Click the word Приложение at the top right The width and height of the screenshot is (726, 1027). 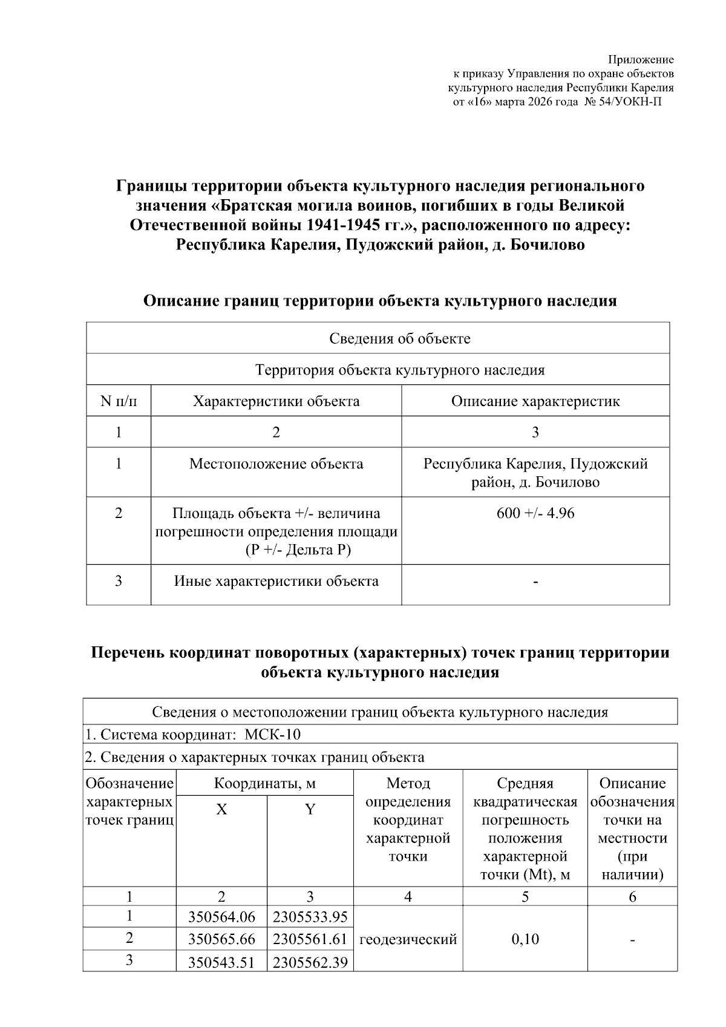tap(640, 59)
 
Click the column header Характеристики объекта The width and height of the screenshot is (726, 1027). tap(276, 401)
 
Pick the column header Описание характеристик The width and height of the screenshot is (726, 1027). tap(535, 401)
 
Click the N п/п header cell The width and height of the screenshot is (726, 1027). tap(119, 401)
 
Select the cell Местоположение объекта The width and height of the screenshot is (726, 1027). tap(276, 464)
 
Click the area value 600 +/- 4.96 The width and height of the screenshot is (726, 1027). tap(535, 513)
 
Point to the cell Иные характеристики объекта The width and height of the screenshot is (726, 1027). tap(276, 581)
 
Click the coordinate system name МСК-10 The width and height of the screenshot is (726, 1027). tap(272, 735)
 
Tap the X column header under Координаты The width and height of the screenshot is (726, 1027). tap(221, 810)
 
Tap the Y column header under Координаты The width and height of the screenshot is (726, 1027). tap(310, 810)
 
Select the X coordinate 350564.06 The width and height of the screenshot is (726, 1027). tap(221, 917)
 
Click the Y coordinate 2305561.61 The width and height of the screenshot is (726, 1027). tap(310, 939)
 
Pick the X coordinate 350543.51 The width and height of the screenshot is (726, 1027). tap(221, 962)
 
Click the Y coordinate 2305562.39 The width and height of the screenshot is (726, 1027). tap(310, 962)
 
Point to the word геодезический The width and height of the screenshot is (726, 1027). tap(408, 939)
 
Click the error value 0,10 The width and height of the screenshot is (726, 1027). tap(525, 939)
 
